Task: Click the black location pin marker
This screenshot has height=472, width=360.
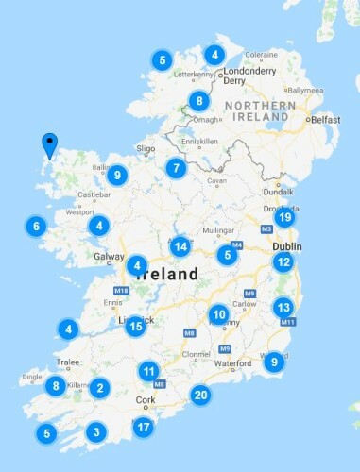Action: (x=50, y=144)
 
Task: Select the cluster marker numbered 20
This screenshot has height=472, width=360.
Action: (x=199, y=395)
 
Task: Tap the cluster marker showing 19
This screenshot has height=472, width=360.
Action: (x=283, y=217)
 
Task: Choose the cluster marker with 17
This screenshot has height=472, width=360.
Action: (x=143, y=428)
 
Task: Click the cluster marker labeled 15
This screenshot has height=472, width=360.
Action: (x=135, y=327)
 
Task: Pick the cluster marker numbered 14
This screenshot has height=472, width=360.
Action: (x=180, y=246)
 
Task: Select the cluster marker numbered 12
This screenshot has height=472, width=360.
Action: (x=283, y=261)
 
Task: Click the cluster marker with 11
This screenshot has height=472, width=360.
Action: (x=148, y=371)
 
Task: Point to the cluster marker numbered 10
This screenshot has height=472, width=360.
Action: (x=218, y=314)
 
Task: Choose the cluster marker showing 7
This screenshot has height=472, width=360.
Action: (x=174, y=169)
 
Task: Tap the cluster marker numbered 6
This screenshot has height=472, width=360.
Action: (x=36, y=227)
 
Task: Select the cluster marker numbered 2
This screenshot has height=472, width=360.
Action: (x=99, y=387)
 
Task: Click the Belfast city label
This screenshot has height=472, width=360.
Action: (x=325, y=120)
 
